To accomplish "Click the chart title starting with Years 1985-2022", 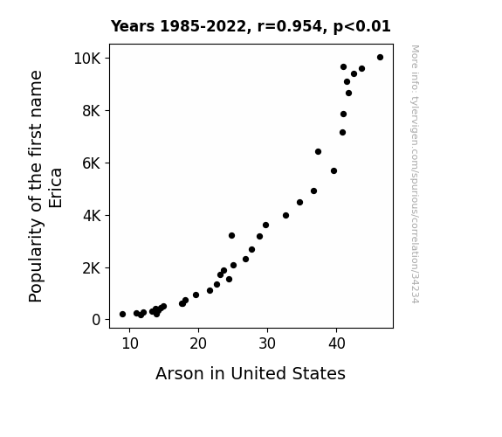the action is coord(251,26).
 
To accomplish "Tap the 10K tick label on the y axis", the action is coord(87,59).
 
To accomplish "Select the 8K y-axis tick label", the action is coord(92,111).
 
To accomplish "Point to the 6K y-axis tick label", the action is coord(92,163).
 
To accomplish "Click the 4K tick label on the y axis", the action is coord(92,216).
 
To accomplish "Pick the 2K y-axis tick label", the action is coord(92,268).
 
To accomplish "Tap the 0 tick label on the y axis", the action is coord(96,320).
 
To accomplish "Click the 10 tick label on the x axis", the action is coord(130,343).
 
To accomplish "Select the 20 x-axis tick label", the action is coord(198,343).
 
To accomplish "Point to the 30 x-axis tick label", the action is coord(267,343).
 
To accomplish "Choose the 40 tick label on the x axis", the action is coord(336,343).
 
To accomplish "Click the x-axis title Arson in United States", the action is coord(251,373).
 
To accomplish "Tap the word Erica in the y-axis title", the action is coord(55,188).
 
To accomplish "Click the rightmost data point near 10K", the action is coord(380,58).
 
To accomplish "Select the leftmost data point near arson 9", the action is coord(122,315).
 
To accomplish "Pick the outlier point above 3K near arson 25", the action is coord(231,236).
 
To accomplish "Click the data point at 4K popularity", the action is coord(285,216).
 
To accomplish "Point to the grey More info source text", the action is coord(415,174).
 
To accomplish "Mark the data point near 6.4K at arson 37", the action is coord(318,152).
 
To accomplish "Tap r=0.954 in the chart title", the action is coord(290,26).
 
